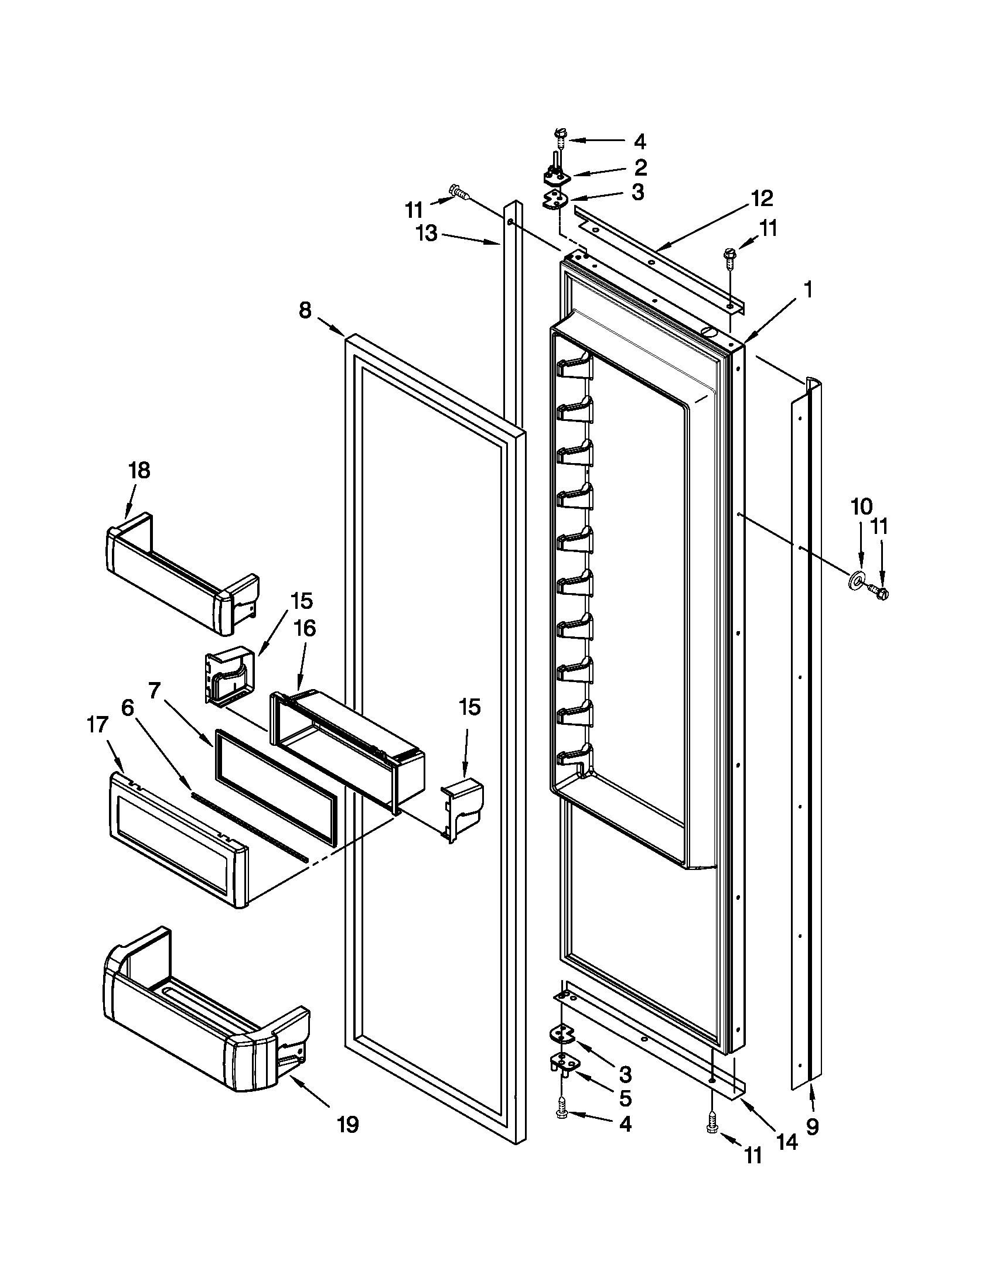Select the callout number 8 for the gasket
tap(305, 310)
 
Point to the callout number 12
tap(762, 198)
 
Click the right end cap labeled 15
tap(463, 806)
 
